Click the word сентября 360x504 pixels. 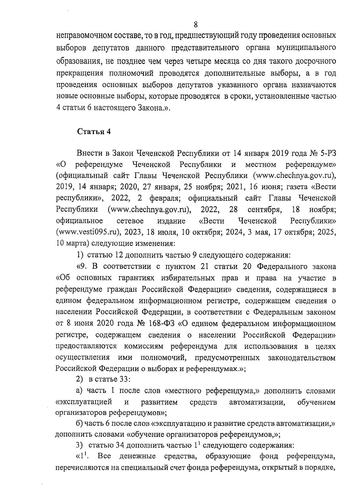point(264,209)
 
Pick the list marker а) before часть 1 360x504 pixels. point(79,391)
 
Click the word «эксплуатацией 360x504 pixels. point(84,402)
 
